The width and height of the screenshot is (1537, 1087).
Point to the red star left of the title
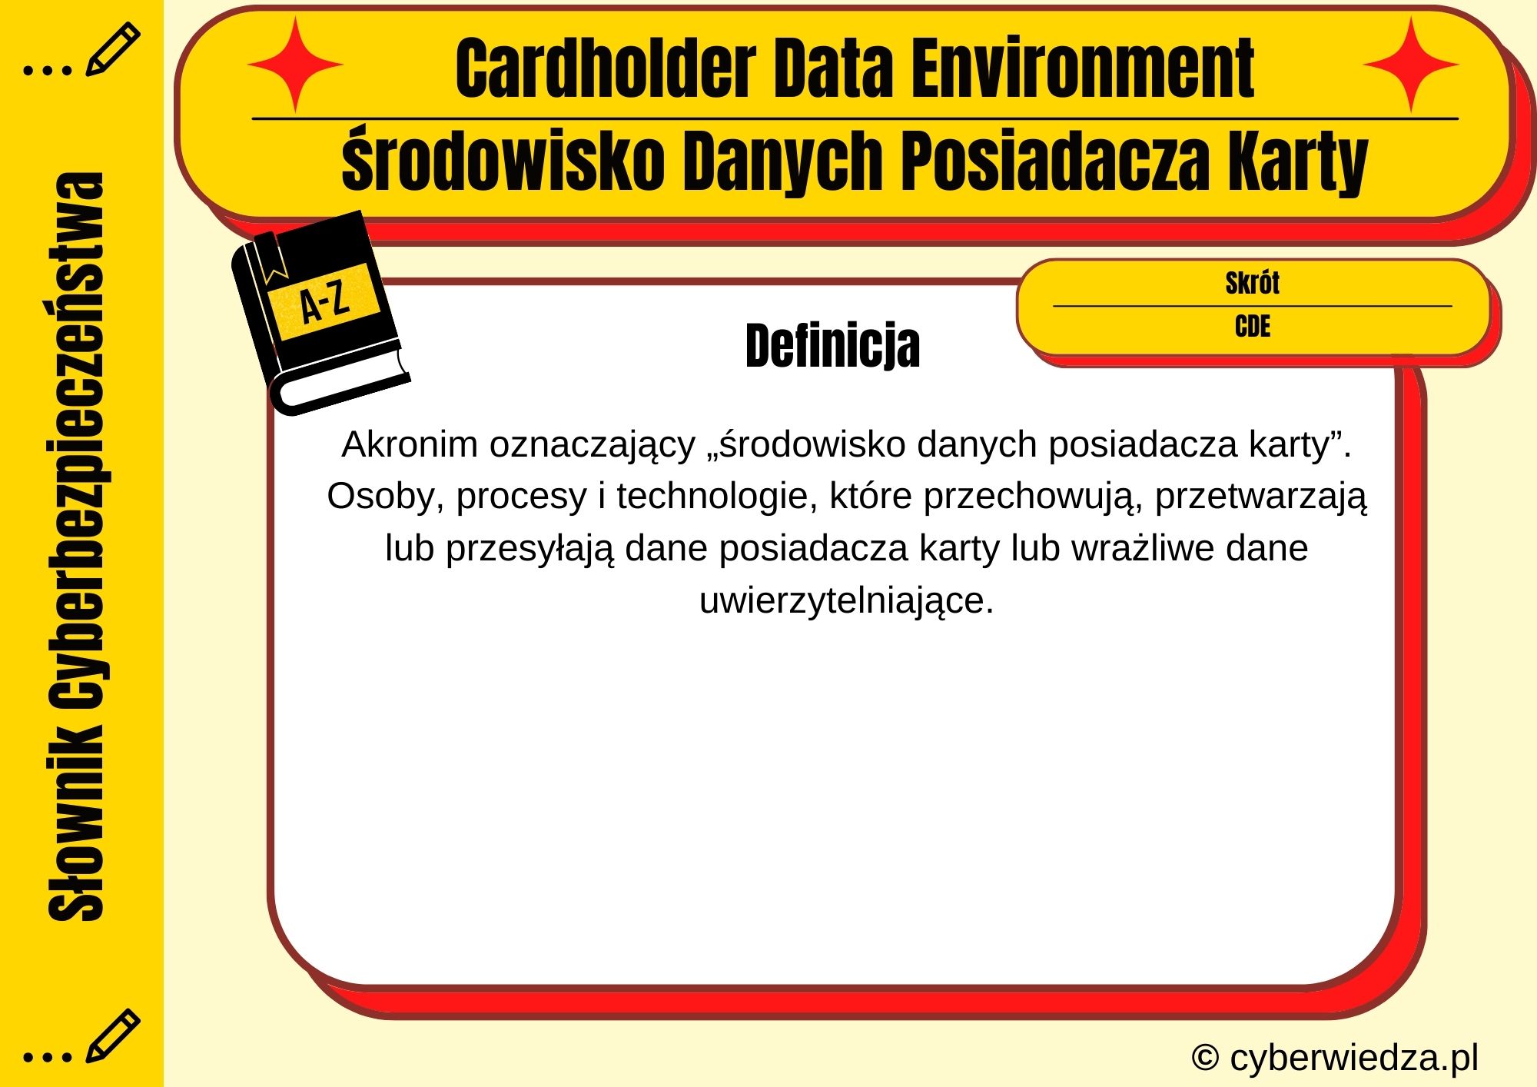coord(295,65)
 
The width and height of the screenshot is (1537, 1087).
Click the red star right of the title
coord(1411,65)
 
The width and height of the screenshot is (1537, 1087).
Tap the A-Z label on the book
coord(324,302)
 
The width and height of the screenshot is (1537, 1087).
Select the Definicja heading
coord(832,346)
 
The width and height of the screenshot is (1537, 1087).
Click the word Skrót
coord(1252,283)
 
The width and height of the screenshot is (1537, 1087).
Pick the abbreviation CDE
coord(1252,327)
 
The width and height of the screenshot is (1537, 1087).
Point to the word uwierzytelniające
coord(846,600)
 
